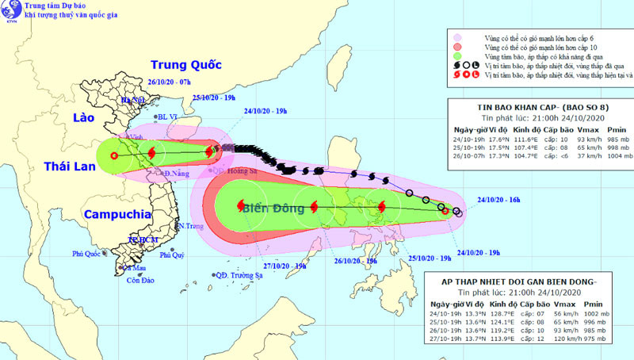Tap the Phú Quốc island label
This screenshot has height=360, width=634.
pos(88,254)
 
